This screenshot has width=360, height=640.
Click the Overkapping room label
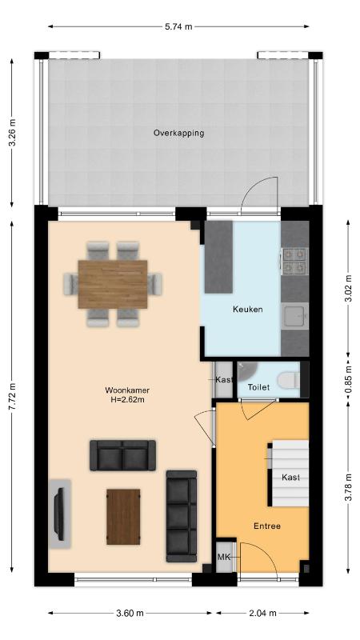click(178, 133)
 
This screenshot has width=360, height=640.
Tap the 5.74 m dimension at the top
click(178, 27)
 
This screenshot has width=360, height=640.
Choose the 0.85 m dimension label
click(349, 381)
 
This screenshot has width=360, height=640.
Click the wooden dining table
click(113, 284)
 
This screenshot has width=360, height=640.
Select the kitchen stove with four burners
click(294, 262)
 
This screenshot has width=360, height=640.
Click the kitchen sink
click(295, 316)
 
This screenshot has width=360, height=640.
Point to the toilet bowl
click(288, 380)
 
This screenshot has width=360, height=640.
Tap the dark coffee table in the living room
click(123, 517)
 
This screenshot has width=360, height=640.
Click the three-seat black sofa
click(182, 516)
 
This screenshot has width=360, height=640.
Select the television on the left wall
click(59, 514)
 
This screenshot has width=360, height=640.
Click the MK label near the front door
click(223, 557)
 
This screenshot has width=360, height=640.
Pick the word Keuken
click(248, 309)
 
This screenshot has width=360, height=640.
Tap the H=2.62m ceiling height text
click(127, 399)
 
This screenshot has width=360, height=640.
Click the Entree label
click(267, 526)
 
